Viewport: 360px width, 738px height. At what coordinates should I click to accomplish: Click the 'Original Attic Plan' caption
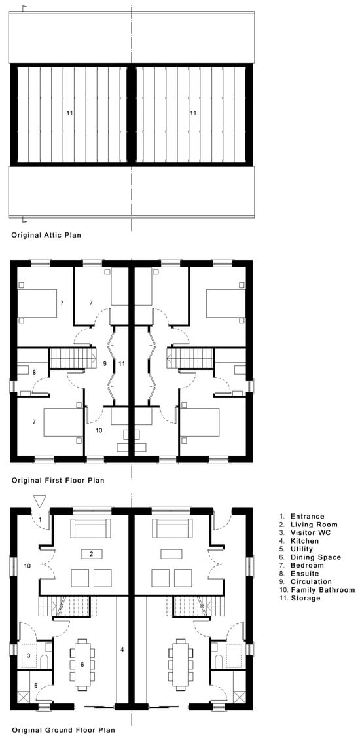click(46, 235)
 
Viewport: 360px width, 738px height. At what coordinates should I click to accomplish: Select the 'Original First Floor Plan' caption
click(58, 481)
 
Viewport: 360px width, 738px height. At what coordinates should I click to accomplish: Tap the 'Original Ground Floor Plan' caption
click(63, 731)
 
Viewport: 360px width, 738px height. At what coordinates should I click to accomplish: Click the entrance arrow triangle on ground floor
click(39, 501)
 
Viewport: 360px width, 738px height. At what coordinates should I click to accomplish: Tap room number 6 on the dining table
click(82, 664)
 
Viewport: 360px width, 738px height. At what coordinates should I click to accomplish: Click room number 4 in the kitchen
click(122, 650)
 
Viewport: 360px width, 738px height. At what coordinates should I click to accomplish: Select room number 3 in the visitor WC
click(28, 655)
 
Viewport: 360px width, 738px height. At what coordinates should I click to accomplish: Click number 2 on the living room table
click(92, 554)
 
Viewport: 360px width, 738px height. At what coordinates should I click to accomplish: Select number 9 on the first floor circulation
click(105, 363)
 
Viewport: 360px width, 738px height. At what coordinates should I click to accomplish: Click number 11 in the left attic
click(69, 113)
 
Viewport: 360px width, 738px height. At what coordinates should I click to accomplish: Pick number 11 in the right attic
click(192, 113)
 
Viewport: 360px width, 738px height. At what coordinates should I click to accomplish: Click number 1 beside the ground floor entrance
click(41, 519)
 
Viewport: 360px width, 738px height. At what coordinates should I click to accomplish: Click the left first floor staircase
click(73, 358)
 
